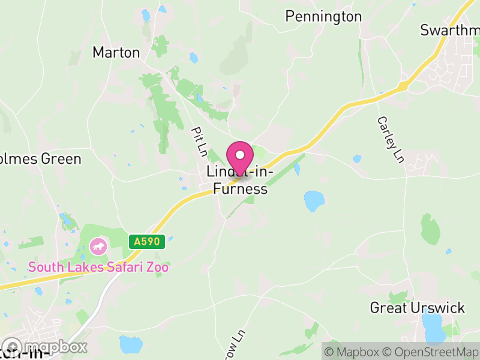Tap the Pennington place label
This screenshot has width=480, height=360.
pos(323,16)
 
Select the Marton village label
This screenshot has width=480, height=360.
pos(116,53)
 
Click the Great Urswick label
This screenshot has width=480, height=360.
pos(417,308)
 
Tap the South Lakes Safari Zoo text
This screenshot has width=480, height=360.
pos(98,267)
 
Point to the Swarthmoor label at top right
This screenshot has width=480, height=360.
pos(450,30)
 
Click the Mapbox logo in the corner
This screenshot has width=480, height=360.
pos(45,347)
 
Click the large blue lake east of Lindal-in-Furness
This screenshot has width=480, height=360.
pos(313,201)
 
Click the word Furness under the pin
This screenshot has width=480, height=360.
pos(240,190)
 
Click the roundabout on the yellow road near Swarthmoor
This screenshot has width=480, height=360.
pos(403,87)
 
